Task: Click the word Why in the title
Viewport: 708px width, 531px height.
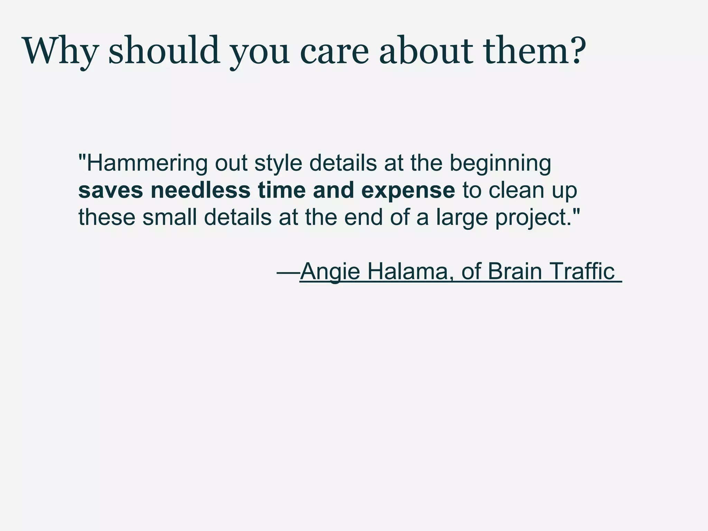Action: coord(59,51)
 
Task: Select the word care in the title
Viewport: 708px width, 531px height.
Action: coord(334,51)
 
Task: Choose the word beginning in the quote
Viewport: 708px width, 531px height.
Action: coord(500,163)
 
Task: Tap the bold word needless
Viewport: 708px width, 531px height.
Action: coord(200,190)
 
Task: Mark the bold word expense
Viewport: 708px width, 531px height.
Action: coord(408,190)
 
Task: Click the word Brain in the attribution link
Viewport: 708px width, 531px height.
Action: coord(515,271)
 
